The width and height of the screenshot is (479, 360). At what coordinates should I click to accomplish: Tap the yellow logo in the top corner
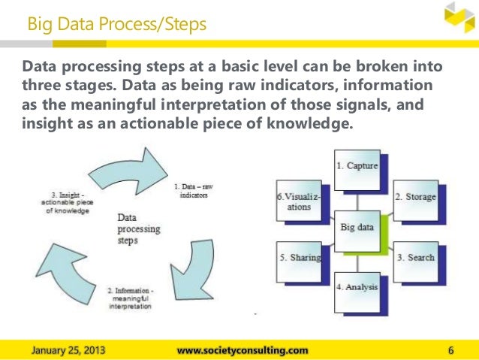coord(458,19)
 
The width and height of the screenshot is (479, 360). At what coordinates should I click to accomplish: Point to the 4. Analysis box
coord(357,286)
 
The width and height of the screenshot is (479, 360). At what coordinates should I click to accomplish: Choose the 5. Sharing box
coord(300,258)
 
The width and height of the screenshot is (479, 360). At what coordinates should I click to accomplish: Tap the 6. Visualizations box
coord(299,201)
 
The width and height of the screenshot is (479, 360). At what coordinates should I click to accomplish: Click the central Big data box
coord(358,225)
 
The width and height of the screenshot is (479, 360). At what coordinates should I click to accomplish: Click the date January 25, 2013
coord(68,349)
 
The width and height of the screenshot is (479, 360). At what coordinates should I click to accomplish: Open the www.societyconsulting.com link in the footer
coord(242,349)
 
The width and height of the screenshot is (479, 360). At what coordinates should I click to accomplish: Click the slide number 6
coord(450,349)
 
